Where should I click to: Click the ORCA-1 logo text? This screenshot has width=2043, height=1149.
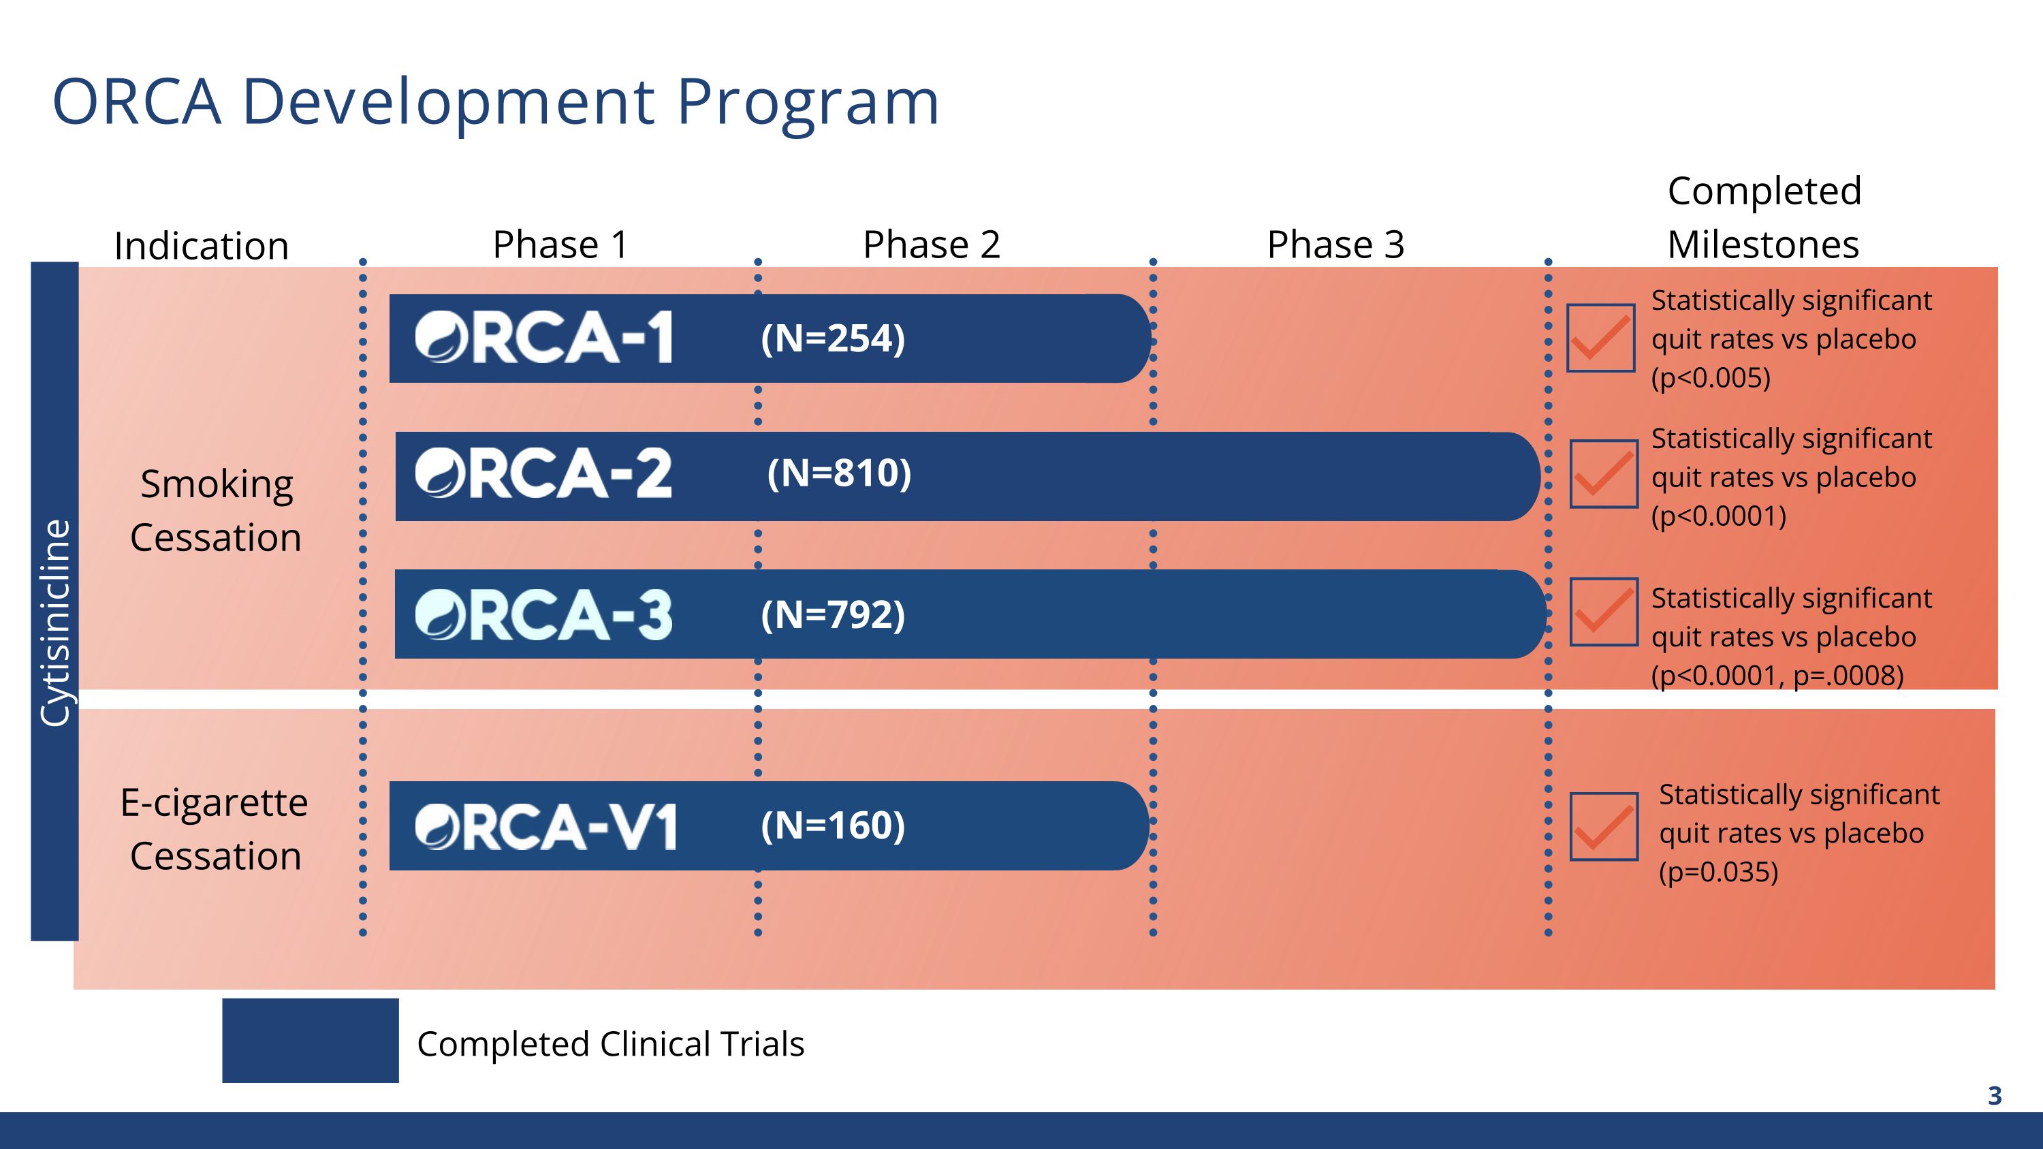pyautogui.click(x=544, y=337)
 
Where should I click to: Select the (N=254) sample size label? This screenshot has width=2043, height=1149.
pyautogui.click(x=833, y=339)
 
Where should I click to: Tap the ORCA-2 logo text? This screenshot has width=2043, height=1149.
pyautogui.click(x=544, y=473)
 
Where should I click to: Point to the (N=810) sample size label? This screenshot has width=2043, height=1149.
pyautogui.click(x=839, y=473)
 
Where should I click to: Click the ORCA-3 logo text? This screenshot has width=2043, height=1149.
pyautogui.click(x=544, y=614)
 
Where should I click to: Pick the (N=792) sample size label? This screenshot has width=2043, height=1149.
pyautogui.click(x=833, y=614)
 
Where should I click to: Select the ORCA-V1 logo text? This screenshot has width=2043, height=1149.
pyautogui.click(x=546, y=826)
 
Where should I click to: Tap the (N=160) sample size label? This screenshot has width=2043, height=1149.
pyautogui.click(x=833, y=825)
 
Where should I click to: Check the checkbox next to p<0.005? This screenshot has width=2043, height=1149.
pyautogui.click(x=1600, y=338)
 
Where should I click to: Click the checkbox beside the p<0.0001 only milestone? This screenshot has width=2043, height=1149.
pyautogui.click(x=1604, y=473)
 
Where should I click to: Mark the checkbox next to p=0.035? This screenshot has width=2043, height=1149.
pyautogui.click(x=1604, y=826)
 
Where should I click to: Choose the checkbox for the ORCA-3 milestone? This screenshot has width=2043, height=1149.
pyautogui.click(x=1604, y=612)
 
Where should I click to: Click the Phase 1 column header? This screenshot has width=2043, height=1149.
pyautogui.click(x=560, y=245)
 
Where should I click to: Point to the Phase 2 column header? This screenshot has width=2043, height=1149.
pyautogui.click(x=931, y=245)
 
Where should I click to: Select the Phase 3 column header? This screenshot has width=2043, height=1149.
pyautogui.click(x=1335, y=245)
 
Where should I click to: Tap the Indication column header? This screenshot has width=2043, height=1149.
pyautogui.click(x=202, y=246)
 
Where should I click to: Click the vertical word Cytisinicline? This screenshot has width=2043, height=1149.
pyautogui.click(x=54, y=623)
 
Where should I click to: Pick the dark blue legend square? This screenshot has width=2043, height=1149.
pyautogui.click(x=310, y=1040)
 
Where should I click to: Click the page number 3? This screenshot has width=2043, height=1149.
pyautogui.click(x=1995, y=1096)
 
